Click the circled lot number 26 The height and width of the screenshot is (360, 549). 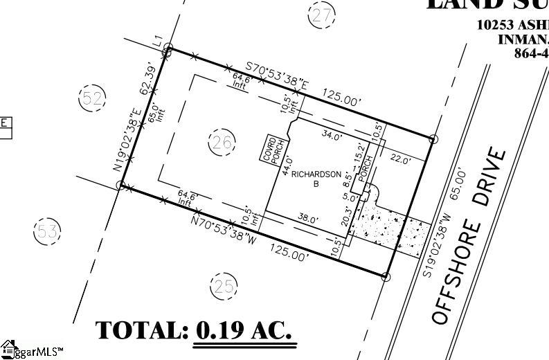221,143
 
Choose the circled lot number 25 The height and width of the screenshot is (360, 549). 223,285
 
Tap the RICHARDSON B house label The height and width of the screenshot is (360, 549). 315,179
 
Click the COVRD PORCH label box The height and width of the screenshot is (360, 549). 269,148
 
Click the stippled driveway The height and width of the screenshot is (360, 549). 387,225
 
